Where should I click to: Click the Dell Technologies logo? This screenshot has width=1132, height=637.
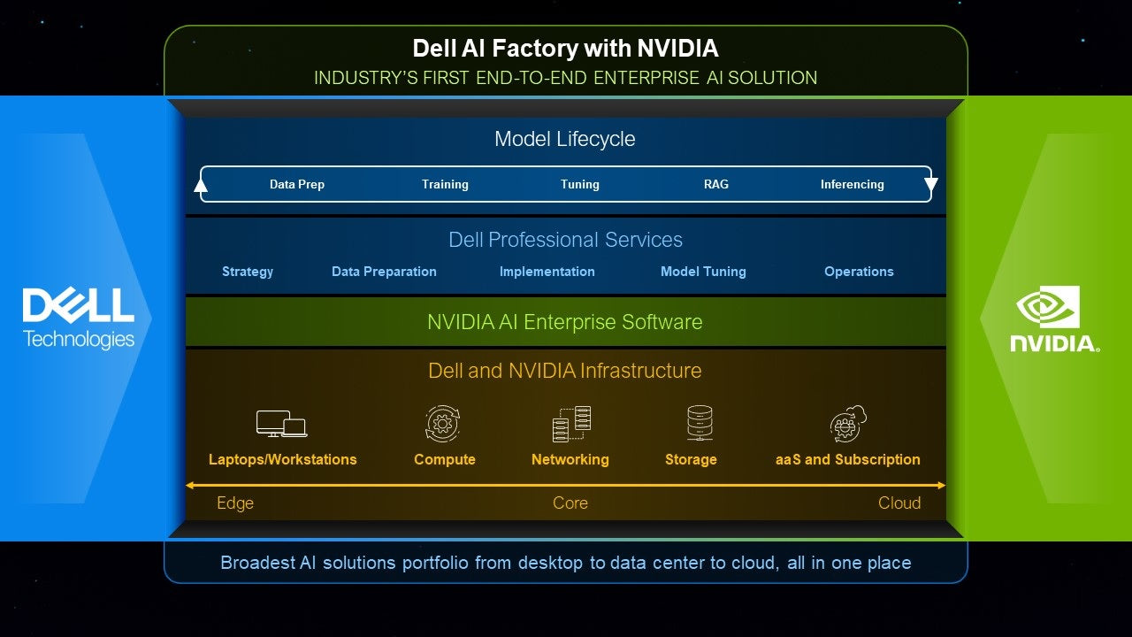point(79,318)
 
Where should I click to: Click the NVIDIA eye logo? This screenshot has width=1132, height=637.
point(1047,306)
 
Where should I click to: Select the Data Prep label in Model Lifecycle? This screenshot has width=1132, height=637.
point(297,184)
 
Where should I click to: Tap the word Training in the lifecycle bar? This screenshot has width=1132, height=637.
point(445,184)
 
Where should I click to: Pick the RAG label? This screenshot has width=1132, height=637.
point(716,184)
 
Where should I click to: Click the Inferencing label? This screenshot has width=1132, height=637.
point(852,184)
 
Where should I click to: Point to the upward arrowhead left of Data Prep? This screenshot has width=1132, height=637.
point(201,185)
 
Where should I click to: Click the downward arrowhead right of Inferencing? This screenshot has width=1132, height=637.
point(930,185)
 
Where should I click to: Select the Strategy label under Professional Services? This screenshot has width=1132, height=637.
point(248,272)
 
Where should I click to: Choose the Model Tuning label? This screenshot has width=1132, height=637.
point(703,272)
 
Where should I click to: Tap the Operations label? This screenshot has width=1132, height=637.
point(859,272)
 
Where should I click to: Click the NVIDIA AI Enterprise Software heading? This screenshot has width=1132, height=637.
point(564,322)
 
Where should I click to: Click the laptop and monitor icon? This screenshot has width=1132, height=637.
point(281,424)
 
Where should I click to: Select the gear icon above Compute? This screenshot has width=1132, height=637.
point(443,424)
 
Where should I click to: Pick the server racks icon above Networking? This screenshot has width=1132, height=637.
point(571,424)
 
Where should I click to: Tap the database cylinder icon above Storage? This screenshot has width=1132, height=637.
point(700,423)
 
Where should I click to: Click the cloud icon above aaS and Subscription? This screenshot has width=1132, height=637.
point(848,424)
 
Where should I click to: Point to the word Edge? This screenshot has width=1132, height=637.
point(235,503)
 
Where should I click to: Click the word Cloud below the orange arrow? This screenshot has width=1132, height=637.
point(899,503)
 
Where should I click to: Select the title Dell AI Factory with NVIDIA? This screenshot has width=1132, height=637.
point(565,48)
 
